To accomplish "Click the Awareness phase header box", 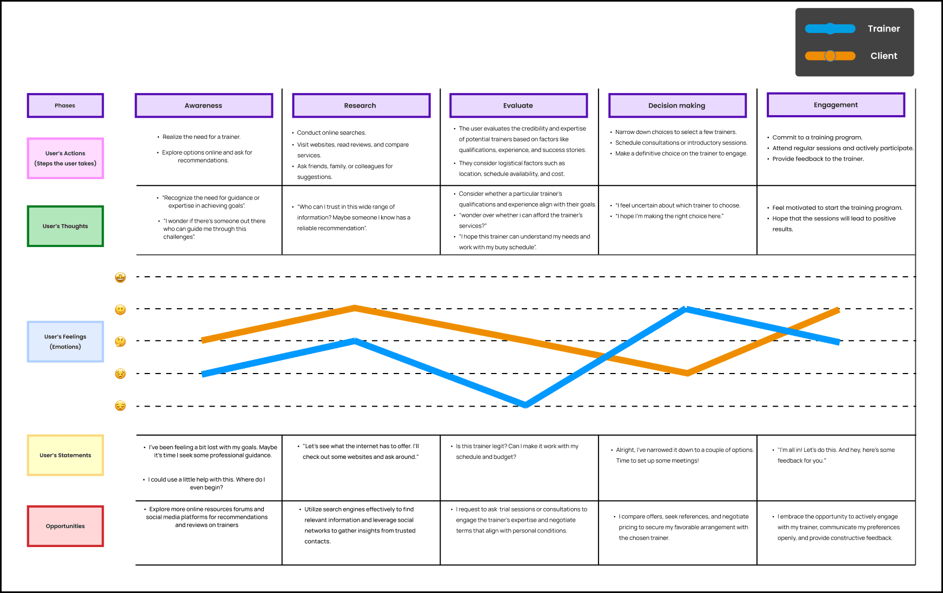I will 203,105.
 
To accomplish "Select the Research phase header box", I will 361,105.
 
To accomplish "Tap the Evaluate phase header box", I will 518,105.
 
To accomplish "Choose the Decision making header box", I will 677,105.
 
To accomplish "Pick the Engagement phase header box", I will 835,105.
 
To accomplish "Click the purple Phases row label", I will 65,105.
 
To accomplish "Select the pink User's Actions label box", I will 65,158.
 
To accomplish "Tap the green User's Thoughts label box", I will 65,226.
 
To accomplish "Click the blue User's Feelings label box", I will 65,342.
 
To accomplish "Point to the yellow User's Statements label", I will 65,455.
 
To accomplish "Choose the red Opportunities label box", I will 65,526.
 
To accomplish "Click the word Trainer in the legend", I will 884,29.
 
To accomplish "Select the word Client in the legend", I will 884,56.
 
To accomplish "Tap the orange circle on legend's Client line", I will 830,56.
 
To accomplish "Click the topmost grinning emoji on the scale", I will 120,277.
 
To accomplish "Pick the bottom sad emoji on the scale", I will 120,406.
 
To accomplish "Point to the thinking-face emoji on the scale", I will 120,341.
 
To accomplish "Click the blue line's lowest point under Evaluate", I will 525,405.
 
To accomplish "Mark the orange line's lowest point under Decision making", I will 687,373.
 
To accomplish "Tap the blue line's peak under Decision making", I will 686,309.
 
